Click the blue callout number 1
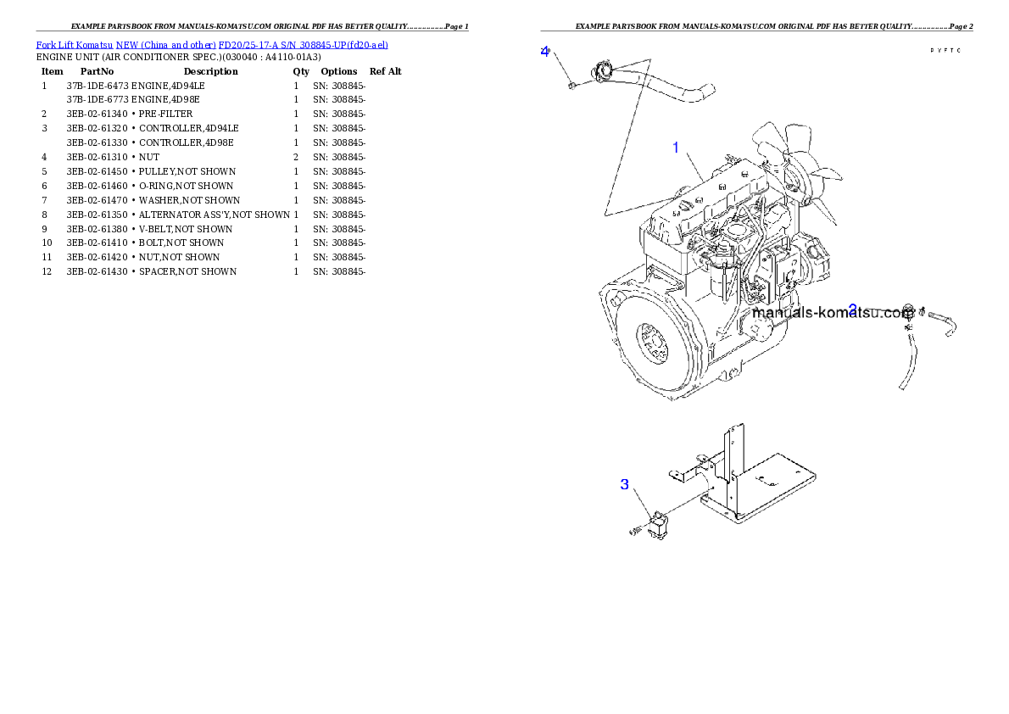point(676,148)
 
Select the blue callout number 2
point(853,310)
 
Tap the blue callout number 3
point(625,484)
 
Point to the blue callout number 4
point(545,51)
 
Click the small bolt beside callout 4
point(573,84)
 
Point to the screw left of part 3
point(635,532)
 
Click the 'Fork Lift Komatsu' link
point(75,45)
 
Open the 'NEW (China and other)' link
point(166,45)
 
